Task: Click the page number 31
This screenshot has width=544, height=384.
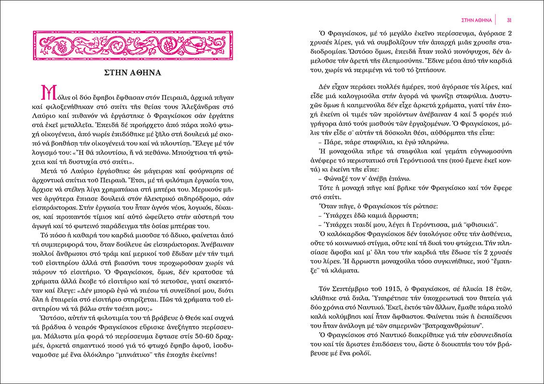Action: coord(510,19)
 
